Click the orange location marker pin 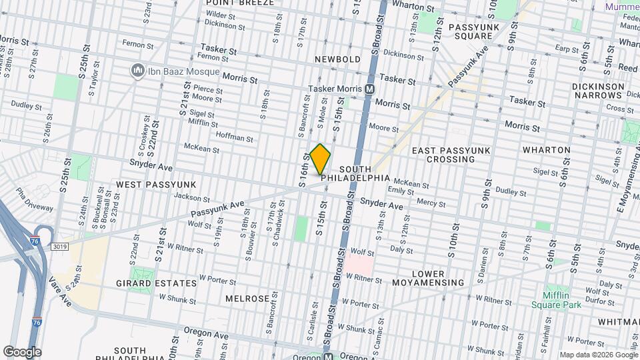click(x=321, y=159)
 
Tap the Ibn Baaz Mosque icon click(x=138, y=70)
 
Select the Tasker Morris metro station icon click(x=370, y=89)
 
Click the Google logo click(x=22, y=352)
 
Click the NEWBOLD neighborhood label click(x=338, y=59)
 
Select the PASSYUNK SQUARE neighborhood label click(x=470, y=31)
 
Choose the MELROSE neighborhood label click(x=247, y=298)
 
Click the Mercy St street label click(x=430, y=201)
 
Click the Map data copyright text click(x=597, y=354)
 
